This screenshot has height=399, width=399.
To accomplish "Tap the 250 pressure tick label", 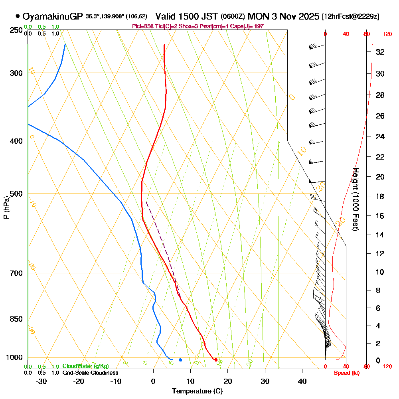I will pyautogui.click(x=16, y=30).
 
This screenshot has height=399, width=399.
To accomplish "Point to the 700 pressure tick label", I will pyautogui.click(x=16, y=273).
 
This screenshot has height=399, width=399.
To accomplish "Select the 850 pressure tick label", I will pyautogui.click(x=16, y=319).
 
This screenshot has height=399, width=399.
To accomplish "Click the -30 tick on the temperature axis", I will pyautogui.click(x=41, y=381).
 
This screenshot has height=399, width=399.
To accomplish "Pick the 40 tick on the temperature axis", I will pyautogui.click(x=302, y=381).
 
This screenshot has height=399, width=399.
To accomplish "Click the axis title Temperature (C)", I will pyautogui.click(x=197, y=391).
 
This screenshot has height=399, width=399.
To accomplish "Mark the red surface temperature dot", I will pyautogui.click(x=216, y=360).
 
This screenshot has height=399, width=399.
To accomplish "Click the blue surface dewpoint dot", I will pyautogui.click(x=180, y=360).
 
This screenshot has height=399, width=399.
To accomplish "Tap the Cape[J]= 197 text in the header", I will pyautogui.click(x=248, y=26).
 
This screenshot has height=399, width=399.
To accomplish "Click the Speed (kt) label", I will pyautogui.click(x=345, y=373).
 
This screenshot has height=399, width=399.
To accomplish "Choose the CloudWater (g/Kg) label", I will pyautogui.click(x=85, y=366).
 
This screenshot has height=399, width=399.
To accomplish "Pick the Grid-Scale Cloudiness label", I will pyautogui.click(x=90, y=373).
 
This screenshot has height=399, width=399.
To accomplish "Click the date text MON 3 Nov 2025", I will pyautogui.click(x=283, y=16).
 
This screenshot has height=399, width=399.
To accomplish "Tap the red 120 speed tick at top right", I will pyautogui.click(x=387, y=34).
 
